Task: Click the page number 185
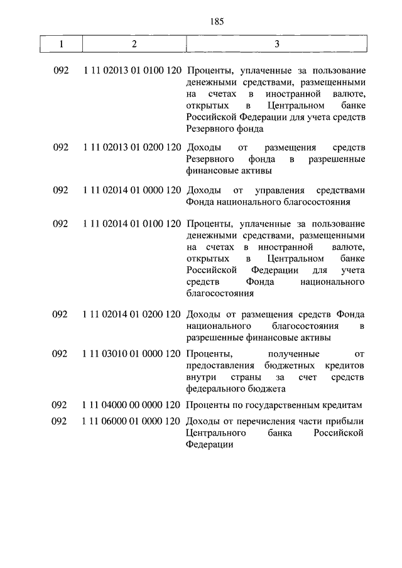[x=214, y=21]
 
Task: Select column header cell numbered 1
[x=61, y=44]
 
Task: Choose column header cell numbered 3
[x=277, y=44]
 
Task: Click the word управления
[x=283, y=190]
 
